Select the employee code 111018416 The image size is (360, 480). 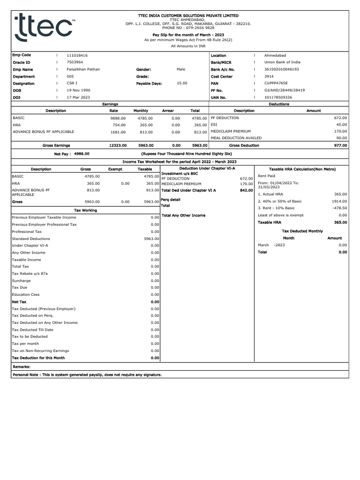click(77, 55)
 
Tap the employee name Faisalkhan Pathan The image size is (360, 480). click(83, 69)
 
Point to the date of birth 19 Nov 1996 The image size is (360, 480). click(79, 90)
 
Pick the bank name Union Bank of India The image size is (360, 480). click(282, 62)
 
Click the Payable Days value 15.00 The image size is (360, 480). click(182, 83)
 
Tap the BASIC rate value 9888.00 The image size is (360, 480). click(118, 118)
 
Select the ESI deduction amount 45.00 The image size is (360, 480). click(341, 125)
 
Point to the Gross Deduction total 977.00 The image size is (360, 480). click(340, 145)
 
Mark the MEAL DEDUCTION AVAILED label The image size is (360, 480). click(236, 138)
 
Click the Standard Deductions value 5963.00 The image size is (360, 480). click(151, 239)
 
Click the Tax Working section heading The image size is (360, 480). click(86, 210)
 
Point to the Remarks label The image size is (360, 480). click(22, 367)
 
